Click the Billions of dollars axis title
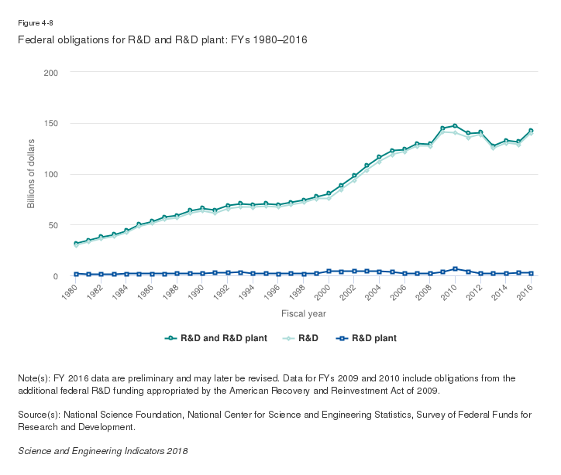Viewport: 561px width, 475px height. pos(32,174)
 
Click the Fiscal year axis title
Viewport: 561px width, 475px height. pos(303,313)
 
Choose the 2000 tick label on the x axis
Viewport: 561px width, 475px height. pos(324,292)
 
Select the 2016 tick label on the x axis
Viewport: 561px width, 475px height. pos(527,292)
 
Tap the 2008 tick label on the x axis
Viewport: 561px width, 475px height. pos(425,292)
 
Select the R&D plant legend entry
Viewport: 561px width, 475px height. pos(368,338)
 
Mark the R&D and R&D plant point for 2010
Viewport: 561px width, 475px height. pos(455,125)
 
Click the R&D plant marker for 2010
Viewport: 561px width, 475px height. pos(455,269)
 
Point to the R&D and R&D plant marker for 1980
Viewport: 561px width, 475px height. pos(76,244)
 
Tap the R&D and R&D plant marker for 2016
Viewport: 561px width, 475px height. pos(531,131)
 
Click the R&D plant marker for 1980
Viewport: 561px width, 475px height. pos(76,274)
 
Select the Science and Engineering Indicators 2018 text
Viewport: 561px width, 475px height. pos(102,450)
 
